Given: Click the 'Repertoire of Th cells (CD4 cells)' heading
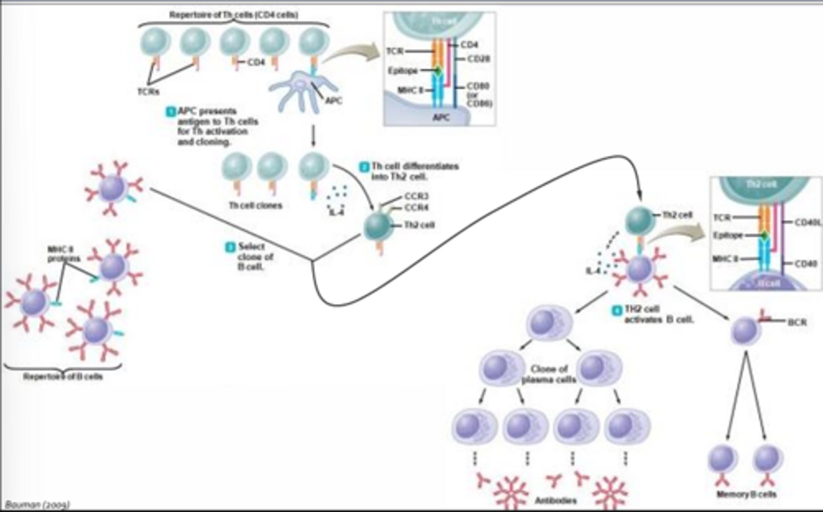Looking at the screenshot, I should pos(233,15).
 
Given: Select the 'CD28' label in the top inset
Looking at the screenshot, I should pos(478,59).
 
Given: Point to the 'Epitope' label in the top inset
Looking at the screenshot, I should pos(403,71).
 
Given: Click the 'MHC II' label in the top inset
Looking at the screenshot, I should pos(410,90).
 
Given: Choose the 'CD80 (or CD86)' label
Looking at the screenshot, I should pos(479,94).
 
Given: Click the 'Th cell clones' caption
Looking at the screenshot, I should pos(255,205).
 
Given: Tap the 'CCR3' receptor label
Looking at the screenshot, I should pos(417,197).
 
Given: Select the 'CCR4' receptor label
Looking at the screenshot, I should pos(417,208).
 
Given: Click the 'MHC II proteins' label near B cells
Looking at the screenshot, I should pos(63,254).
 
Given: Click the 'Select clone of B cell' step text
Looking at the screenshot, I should pos(255,256).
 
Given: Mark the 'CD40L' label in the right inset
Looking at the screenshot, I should pos(807,223).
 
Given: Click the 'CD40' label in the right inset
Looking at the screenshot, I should pos(805,264).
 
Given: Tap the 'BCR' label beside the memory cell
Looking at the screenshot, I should pos(797,322).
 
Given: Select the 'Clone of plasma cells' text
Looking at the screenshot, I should pos(549,374).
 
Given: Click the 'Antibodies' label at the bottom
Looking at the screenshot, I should pos(556,501).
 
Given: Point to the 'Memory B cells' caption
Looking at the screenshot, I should pos(746,494).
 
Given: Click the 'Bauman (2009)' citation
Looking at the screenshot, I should pos(37,505).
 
